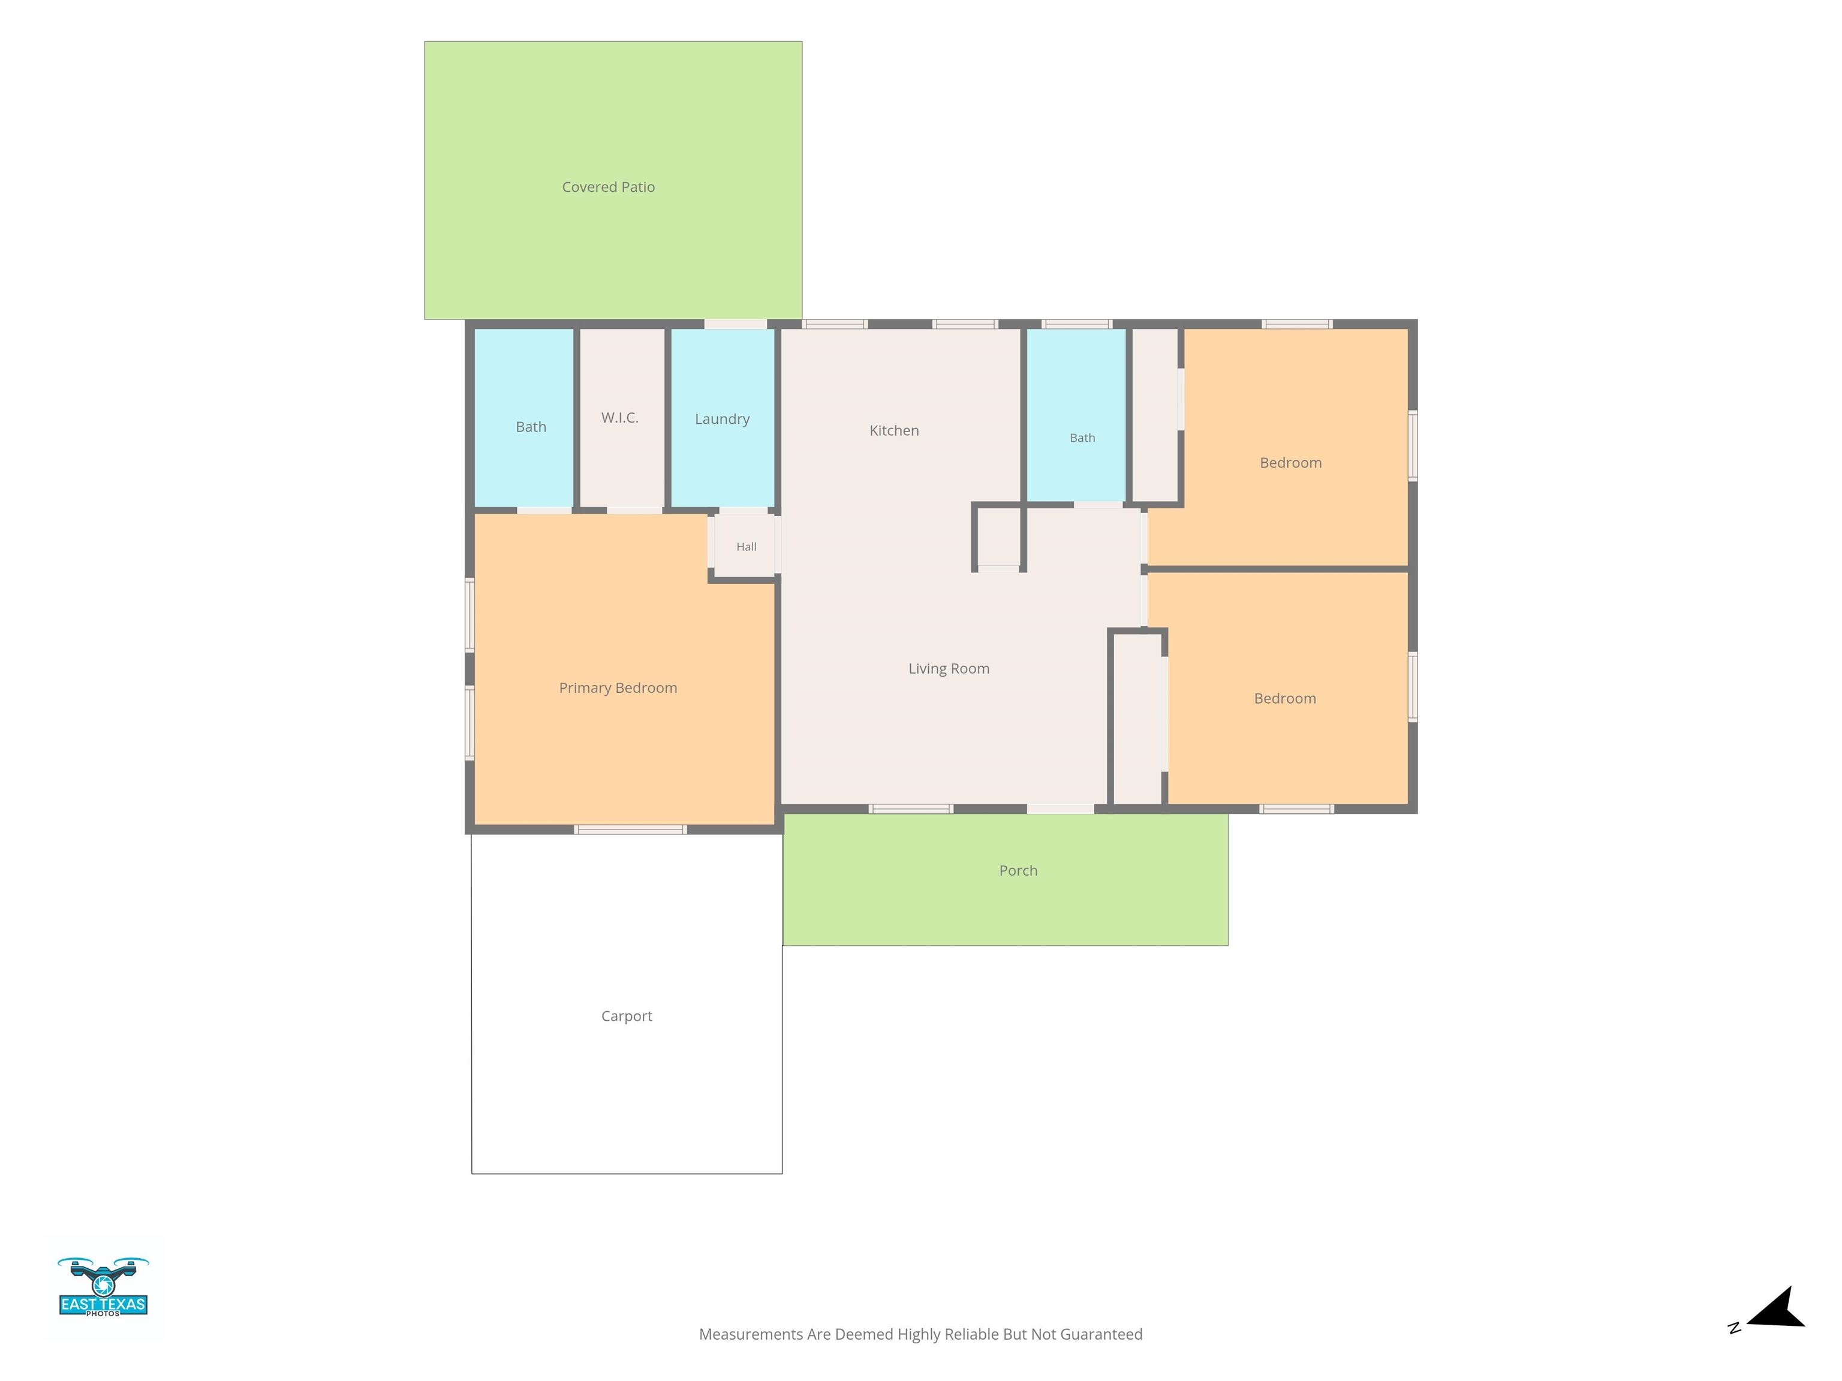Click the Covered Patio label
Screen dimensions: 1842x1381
coord(608,187)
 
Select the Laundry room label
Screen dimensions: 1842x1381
coord(722,420)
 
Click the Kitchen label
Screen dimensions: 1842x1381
coord(895,430)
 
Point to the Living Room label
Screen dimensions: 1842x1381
coord(949,668)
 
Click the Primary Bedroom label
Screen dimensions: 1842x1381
coord(618,688)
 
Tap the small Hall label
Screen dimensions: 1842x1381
coord(746,547)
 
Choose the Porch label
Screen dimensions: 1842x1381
coord(1018,871)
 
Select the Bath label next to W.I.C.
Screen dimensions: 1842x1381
coord(531,427)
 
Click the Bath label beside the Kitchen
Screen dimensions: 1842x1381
coord(1082,438)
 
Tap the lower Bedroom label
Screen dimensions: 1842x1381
coord(1285,698)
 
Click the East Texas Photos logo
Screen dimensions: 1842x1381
coord(103,1287)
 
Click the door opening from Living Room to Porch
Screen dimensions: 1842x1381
coord(1060,809)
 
